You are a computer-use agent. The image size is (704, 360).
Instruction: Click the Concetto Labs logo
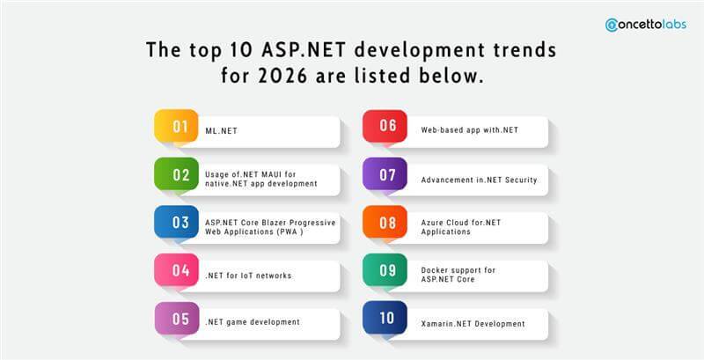pos(646,25)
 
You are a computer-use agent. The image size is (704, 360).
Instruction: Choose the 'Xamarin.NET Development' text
pos(478,323)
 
